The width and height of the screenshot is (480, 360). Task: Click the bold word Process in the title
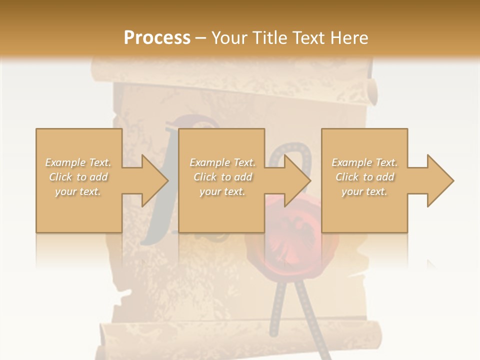pos(157,37)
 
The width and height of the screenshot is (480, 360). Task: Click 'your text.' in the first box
pos(78,191)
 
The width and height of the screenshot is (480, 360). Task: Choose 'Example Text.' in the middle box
pos(222,162)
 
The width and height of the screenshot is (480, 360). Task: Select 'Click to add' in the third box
pos(364,177)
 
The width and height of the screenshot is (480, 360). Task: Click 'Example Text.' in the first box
pos(78,162)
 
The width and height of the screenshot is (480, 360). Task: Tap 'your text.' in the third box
pos(364,191)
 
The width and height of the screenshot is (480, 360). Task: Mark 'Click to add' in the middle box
pos(222,177)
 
